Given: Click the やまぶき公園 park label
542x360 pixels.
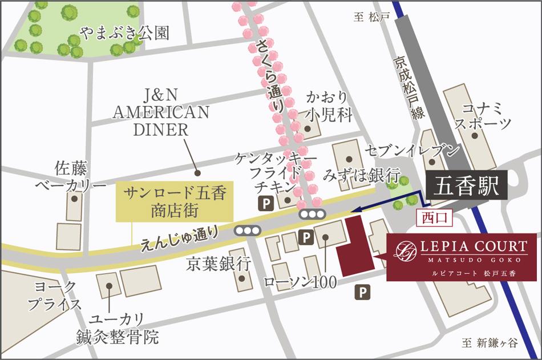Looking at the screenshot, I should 124,33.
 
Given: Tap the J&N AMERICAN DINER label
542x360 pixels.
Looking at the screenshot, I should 160,112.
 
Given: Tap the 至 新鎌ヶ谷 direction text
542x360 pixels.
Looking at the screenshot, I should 489,343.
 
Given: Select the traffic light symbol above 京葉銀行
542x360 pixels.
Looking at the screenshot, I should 247,231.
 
